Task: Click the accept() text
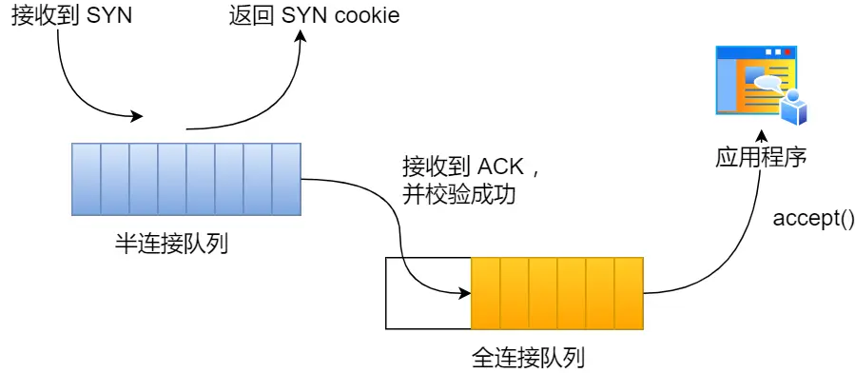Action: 813,219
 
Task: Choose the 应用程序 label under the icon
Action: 761,157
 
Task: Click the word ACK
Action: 500,168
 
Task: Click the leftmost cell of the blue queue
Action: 87,179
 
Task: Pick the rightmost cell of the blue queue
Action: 286,179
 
